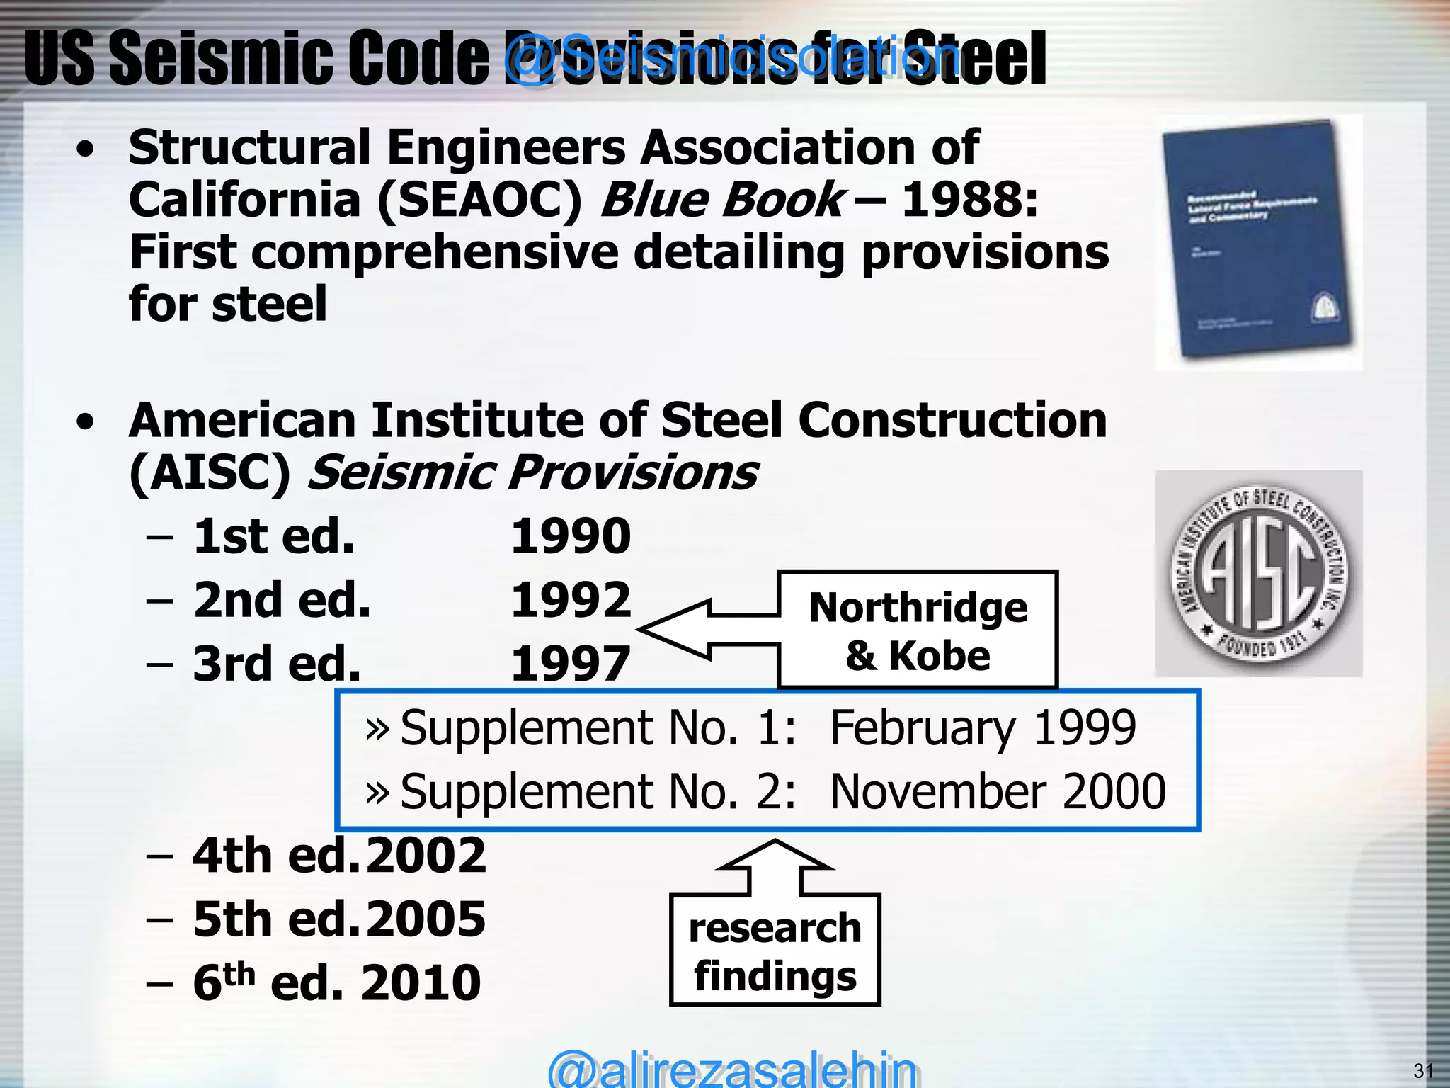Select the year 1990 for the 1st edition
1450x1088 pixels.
coord(571,536)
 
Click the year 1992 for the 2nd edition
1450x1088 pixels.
coord(571,600)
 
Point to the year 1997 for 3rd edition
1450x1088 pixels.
coord(571,664)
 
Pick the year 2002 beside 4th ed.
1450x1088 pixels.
coord(426,856)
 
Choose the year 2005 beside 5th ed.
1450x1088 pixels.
coord(426,919)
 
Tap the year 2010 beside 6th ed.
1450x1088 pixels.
coord(421,983)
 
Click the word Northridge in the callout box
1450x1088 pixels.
coord(918,608)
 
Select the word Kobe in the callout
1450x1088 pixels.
coord(940,656)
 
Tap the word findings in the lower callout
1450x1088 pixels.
coord(775,976)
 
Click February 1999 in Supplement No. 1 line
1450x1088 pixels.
coord(983,727)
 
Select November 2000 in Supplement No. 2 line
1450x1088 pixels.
coord(998,791)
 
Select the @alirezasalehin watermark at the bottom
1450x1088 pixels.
coord(732,1070)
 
